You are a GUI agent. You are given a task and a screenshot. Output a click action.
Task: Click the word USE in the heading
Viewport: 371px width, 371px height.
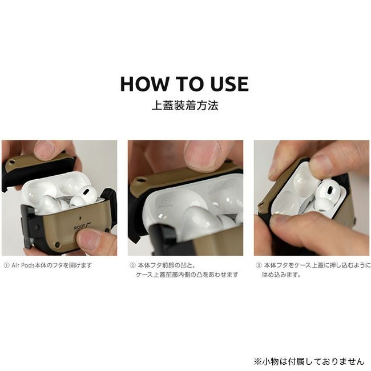(230, 84)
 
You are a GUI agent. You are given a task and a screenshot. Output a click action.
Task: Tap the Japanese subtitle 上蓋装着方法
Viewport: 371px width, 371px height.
(184, 106)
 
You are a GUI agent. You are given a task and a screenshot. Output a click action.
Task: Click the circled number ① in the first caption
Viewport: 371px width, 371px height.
(6, 265)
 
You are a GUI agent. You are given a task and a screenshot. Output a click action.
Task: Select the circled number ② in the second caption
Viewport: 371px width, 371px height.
(132, 265)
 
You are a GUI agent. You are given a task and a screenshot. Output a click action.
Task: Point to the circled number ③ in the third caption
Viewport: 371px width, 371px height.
(259, 265)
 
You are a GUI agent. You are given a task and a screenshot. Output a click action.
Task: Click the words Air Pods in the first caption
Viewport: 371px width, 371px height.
(23, 265)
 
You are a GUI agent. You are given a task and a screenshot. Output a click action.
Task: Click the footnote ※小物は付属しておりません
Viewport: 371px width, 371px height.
(309, 361)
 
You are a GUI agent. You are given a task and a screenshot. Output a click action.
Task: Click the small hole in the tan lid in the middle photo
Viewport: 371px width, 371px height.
(140, 180)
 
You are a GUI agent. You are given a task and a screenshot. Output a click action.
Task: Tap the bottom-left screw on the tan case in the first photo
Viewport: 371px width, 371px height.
(57, 244)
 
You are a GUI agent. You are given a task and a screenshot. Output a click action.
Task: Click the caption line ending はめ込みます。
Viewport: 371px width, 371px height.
(281, 275)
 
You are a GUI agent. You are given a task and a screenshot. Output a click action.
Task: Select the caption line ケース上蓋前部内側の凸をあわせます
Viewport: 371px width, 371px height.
(187, 275)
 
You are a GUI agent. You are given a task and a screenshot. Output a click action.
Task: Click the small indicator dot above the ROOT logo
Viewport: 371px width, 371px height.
(82, 219)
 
